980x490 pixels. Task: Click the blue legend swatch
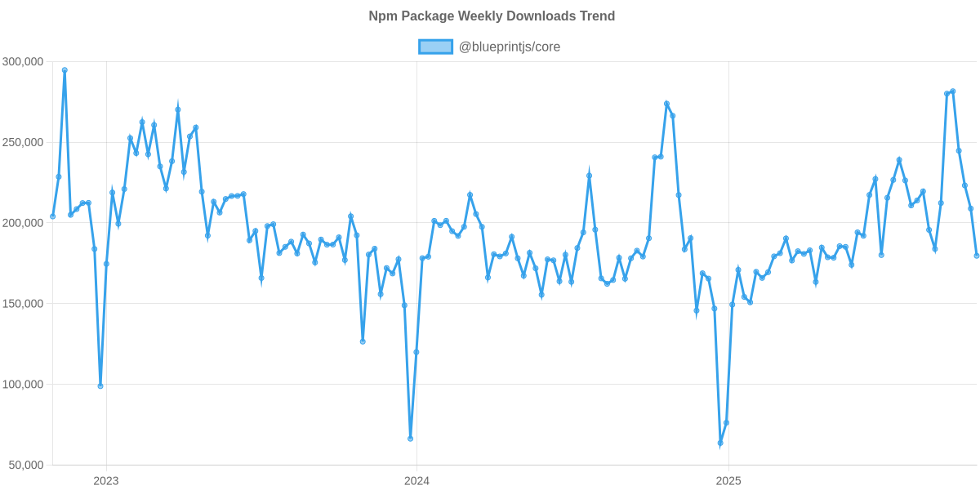(435, 47)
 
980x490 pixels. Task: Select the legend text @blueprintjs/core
(510, 47)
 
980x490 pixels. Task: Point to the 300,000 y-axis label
(23, 62)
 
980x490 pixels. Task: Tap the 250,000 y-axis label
(23, 143)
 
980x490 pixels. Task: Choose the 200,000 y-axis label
(23, 223)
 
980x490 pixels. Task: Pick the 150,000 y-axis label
(23, 304)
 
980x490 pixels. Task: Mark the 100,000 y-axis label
(23, 385)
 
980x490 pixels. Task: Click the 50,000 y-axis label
(25, 465)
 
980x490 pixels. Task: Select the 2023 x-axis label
(106, 480)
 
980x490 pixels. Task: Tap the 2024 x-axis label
(416, 480)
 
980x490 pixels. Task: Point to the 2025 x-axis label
(728, 480)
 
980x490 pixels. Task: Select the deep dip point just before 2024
(411, 439)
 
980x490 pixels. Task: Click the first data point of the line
(53, 216)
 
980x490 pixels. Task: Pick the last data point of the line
(977, 256)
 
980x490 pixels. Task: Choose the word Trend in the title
(597, 16)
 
